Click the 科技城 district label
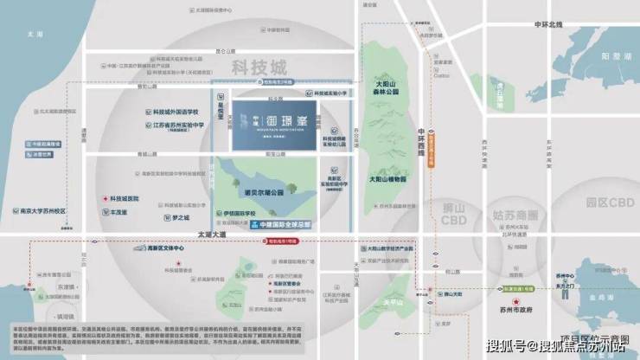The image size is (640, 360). pos(259,66)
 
